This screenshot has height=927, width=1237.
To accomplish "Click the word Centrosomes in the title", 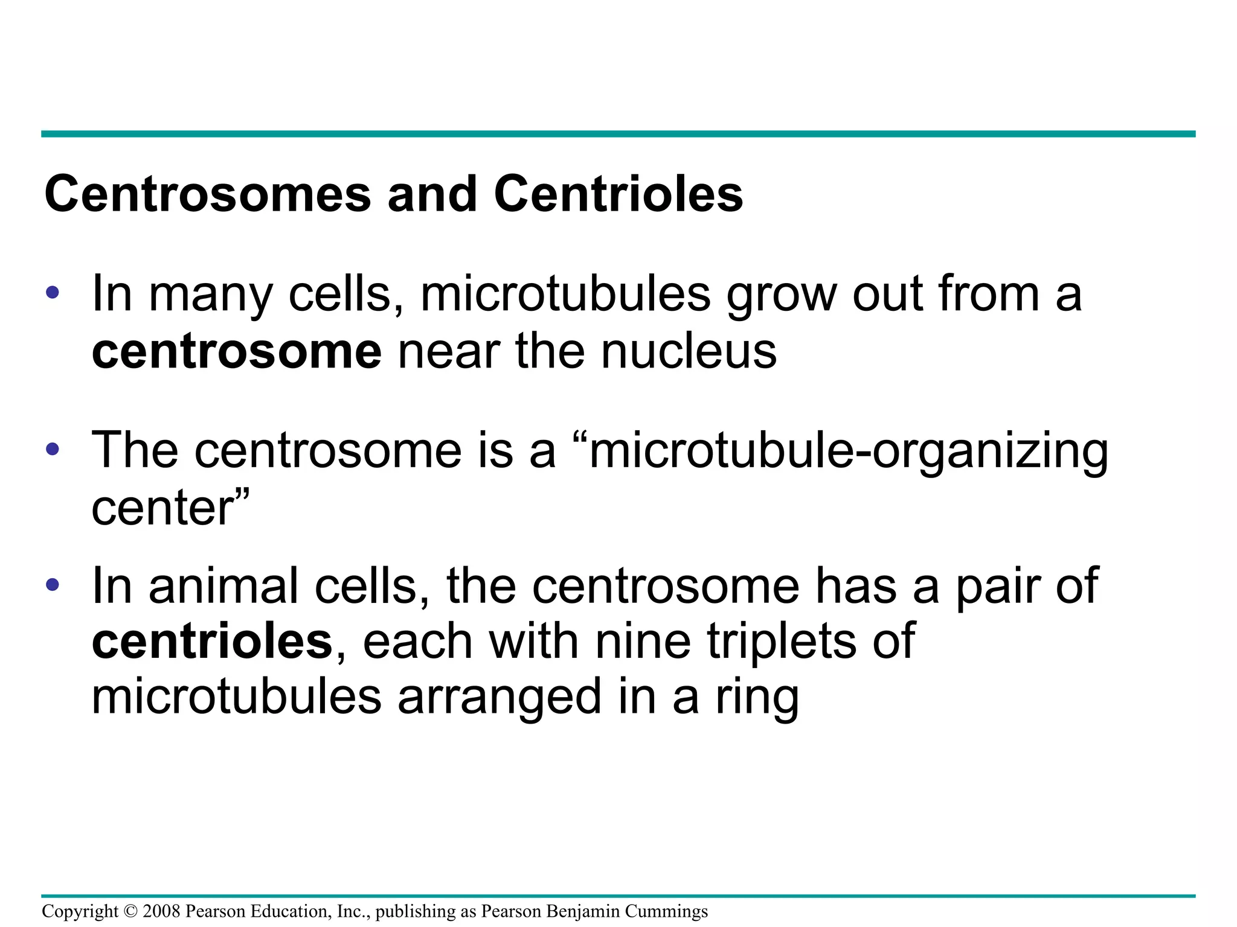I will [x=207, y=194].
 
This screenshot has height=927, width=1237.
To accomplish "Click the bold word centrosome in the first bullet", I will [x=236, y=351].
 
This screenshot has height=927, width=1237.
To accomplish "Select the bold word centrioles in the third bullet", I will [x=212, y=641].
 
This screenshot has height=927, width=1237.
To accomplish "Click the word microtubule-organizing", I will [x=848, y=451].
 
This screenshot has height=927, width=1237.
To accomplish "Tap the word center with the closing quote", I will [x=170, y=507].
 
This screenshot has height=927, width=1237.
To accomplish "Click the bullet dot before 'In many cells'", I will [x=53, y=293].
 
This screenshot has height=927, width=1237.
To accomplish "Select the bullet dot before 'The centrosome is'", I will [x=53, y=450].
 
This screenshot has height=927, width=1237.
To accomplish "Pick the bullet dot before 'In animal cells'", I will [x=53, y=584].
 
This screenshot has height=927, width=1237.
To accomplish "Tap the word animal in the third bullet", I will [x=223, y=585].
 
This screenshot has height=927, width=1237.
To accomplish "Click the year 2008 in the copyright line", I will [x=161, y=911].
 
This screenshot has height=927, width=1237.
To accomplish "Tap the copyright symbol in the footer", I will [x=130, y=911].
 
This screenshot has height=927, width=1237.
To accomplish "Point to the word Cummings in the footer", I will [x=666, y=911].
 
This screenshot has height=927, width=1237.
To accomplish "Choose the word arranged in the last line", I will [x=500, y=698].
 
